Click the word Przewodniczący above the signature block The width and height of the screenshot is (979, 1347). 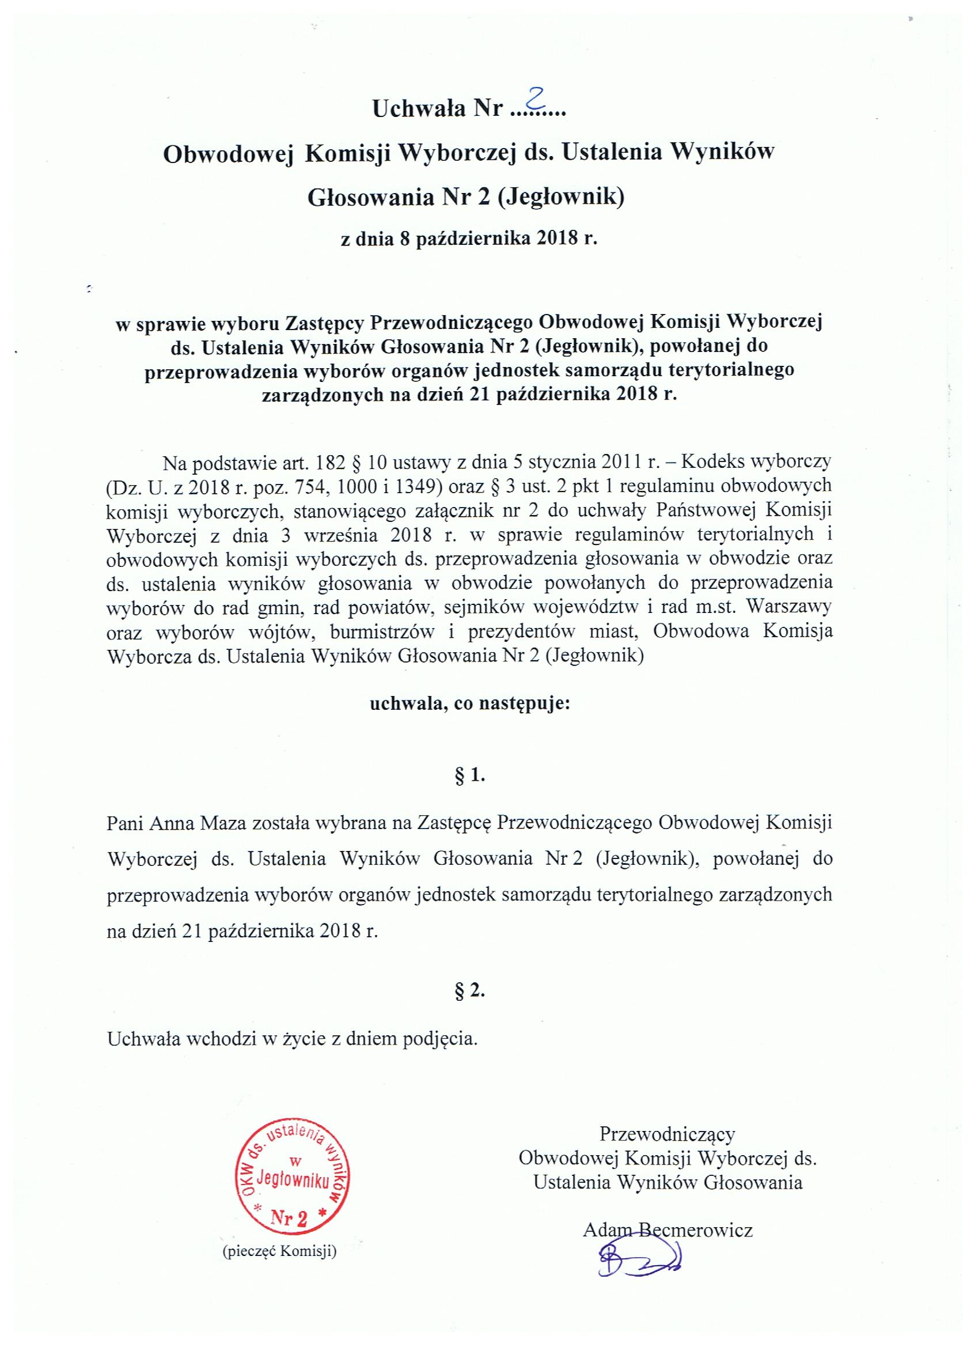coord(667,1134)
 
